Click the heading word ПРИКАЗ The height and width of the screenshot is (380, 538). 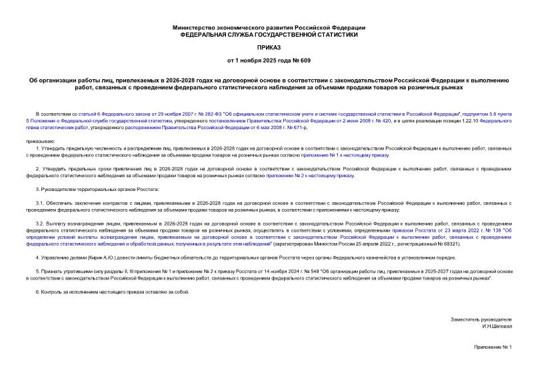coord(269,48)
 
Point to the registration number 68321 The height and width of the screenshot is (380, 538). coord(468,244)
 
